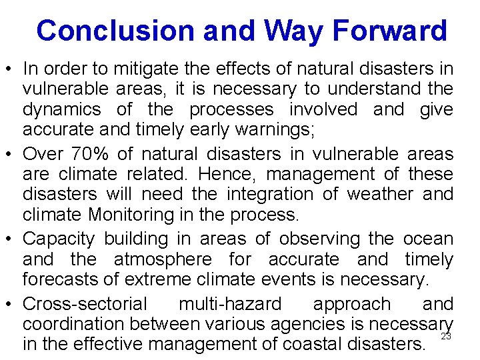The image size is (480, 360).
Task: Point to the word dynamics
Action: point(61,109)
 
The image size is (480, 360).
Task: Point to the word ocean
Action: point(428,239)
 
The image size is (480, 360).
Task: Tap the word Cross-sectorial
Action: point(85,304)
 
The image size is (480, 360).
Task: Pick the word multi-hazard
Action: point(230,304)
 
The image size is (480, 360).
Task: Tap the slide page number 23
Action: point(446,337)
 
